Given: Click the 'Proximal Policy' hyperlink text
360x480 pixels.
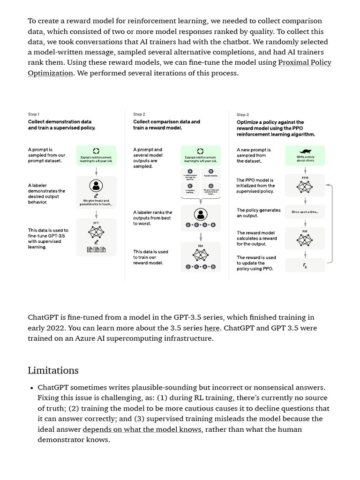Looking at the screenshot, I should pyautogui.click(x=305, y=62).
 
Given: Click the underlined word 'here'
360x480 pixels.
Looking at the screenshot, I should pyautogui.click(x=212, y=328).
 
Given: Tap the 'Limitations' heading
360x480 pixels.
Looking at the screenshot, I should pyautogui.click(x=53, y=370).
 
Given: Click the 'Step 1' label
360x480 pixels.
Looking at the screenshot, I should pyautogui.click(x=34, y=114).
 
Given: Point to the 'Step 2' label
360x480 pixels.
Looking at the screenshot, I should pyautogui.click(x=139, y=114).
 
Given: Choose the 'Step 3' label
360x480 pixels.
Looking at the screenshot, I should pyautogui.click(x=243, y=114).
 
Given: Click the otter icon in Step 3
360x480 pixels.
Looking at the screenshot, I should pyautogui.click(x=305, y=151).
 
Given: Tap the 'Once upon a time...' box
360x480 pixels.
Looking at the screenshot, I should pyautogui.click(x=305, y=212).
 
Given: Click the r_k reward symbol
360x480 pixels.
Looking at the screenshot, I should pyautogui.click(x=305, y=265).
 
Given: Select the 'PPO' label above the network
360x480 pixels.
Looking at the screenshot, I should pyautogui.click(x=305, y=178).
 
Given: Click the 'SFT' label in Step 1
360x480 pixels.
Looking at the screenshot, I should pyautogui.click(x=96, y=223).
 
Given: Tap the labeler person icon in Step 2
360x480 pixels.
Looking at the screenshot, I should pyautogui.click(x=201, y=215).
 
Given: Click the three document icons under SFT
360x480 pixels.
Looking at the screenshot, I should pyautogui.click(x=96, y=250).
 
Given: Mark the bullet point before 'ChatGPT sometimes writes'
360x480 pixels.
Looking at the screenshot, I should pyautogui.click(x=31, y=388).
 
